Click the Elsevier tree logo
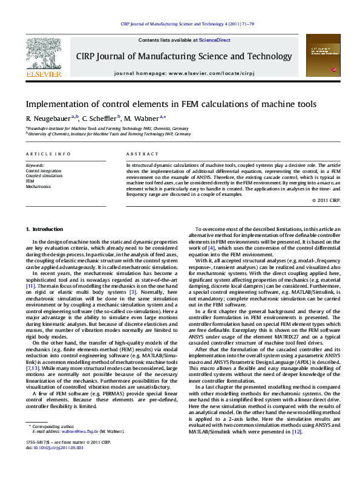pos(44,54)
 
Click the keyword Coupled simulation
pos(44,176)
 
